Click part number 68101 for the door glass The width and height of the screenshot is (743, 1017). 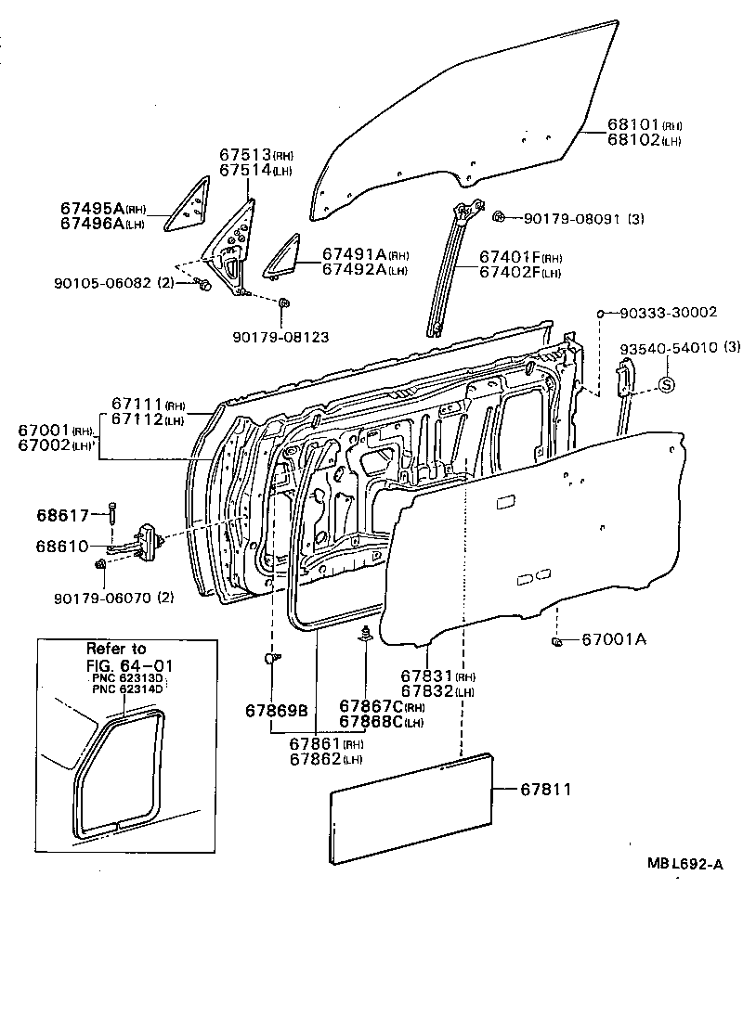[x=633, y=124]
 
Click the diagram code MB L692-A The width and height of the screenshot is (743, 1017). [x=685, y=865]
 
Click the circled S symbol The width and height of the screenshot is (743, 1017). [x=666, y=384]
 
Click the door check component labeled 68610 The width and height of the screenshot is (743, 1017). [x=147, y=542]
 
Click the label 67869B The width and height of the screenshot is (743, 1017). [x=276, y=711]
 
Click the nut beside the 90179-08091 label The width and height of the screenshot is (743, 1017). [x=499, y=217]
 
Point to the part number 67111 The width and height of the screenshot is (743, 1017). [x=137, y=404]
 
